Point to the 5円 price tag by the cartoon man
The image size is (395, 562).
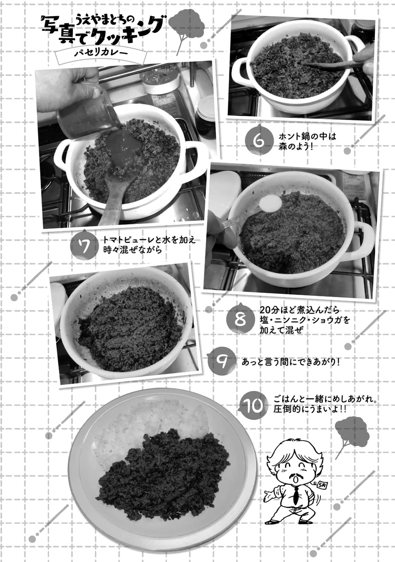321,485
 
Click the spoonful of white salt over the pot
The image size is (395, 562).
270,203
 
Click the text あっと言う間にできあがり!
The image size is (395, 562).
290,362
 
